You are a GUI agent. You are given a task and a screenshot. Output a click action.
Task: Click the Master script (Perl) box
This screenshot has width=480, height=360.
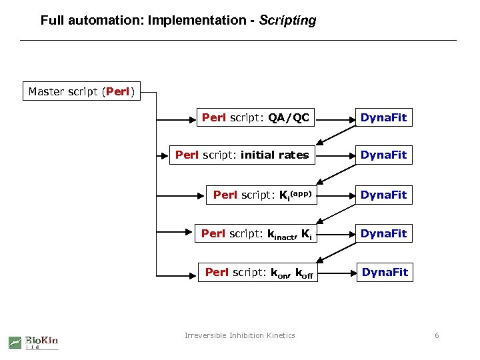click(82, 91)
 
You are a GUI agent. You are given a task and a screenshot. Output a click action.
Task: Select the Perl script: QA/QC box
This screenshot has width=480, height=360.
click(255, 118)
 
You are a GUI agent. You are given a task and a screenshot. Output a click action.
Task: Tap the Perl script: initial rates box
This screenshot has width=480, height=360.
click(242, 155)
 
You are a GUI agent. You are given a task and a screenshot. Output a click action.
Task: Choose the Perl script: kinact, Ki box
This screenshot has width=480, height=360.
click(255, 233)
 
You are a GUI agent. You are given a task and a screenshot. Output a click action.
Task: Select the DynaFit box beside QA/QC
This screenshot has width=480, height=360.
click(383, 118)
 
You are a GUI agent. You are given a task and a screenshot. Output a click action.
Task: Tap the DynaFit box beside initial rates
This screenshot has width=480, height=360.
click(383, 155)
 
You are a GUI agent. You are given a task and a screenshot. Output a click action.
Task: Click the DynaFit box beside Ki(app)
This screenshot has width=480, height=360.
click(383, 195)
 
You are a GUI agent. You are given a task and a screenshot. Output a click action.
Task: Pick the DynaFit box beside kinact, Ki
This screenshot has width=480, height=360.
click(383, 233)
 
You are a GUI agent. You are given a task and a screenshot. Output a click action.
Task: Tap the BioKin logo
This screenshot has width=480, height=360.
click(33, 341)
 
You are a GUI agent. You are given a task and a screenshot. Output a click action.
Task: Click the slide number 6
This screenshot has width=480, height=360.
click(437, 335)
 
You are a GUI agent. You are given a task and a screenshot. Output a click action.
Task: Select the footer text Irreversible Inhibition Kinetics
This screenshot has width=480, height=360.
click(239, 335)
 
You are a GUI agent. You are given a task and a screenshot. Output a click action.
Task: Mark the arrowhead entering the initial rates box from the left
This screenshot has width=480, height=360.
click(165, 155)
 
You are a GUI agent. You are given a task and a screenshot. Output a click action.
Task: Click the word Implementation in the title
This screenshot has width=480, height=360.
click(197, 21)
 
